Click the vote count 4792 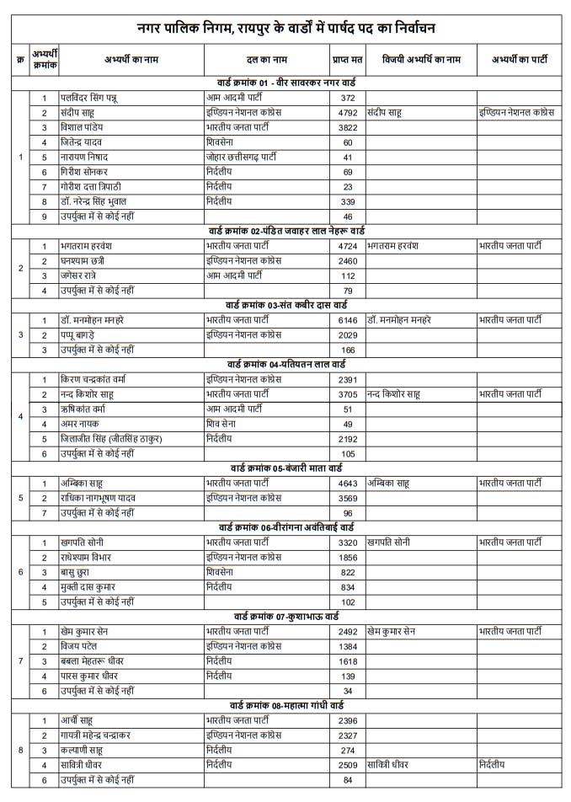(347, 112)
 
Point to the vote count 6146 (347, 320)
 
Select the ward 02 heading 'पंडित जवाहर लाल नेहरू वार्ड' (286, 231)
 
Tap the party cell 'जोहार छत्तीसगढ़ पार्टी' (244, 157)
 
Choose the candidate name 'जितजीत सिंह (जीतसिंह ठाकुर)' (110, 439)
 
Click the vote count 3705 (347, 393)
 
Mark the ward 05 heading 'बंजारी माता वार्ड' (286, 468)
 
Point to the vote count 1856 (347, 557)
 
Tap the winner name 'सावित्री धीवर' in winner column (394, 764)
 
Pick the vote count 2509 (347, 764)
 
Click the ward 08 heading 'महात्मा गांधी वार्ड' (286, 704)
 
